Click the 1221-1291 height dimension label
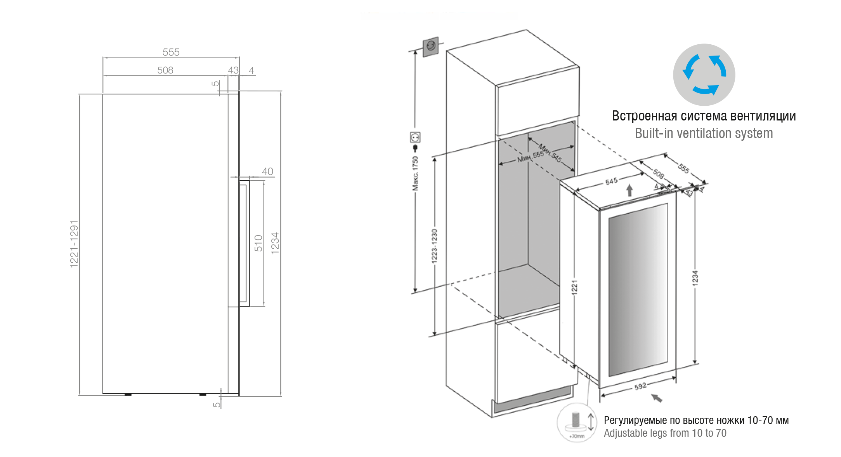pos(74,244)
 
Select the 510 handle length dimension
pos(258,243)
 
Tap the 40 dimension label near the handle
pos(267,171)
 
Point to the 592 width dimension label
pos(640,386)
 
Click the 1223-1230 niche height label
pos(435,246)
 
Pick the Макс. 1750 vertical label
pos(415,173)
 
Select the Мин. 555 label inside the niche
pos(531,157)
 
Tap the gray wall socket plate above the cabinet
pos(431,47)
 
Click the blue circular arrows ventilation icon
pos(704,75)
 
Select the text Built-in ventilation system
pos(704,133)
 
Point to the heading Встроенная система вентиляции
pos(704,116)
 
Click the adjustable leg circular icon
pos(576,422)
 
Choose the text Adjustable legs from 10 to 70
pos(665,433)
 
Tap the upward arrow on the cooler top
pos(629,190)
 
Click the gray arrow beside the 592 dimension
pos(657,398)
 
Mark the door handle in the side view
pos(244,243)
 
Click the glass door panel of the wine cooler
pos(638,290)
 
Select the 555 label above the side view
pos(171,52)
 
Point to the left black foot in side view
pos(128,394)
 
